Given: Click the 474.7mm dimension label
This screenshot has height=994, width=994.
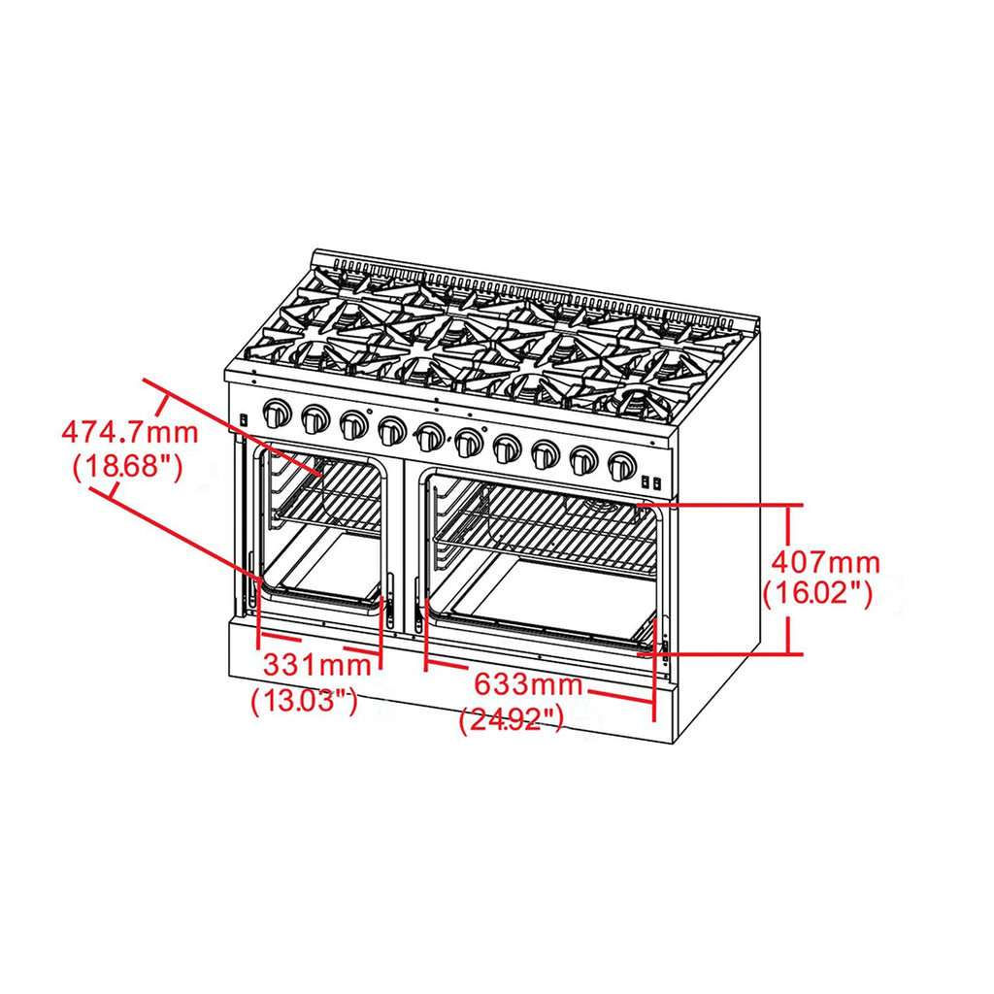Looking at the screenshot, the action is point(130,432).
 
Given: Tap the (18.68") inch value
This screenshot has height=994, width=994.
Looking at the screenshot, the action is point(128,467).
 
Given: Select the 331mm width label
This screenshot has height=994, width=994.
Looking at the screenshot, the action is point(316,665).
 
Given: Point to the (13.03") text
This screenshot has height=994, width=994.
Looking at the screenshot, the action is point(304,701).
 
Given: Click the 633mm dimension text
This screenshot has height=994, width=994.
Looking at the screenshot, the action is point(528,684).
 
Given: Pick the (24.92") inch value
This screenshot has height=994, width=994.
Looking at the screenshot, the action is point(511,719).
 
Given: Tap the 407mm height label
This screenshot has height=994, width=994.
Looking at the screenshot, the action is point(825,562).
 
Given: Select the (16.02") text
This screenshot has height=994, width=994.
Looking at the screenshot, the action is point(817,594).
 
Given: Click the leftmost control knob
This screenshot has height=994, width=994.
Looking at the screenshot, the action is point(277,414).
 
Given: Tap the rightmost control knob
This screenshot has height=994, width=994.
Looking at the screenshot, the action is point(621,466).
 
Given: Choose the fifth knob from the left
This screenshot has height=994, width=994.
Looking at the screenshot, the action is point(430,437).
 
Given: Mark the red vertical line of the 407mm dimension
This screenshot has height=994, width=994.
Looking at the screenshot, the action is point(788,579).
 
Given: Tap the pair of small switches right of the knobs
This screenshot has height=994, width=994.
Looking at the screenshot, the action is point(651,482).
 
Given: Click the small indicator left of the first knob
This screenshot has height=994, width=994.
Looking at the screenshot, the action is point(243,419).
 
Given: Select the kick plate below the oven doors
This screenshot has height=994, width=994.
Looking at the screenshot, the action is point(450,679).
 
